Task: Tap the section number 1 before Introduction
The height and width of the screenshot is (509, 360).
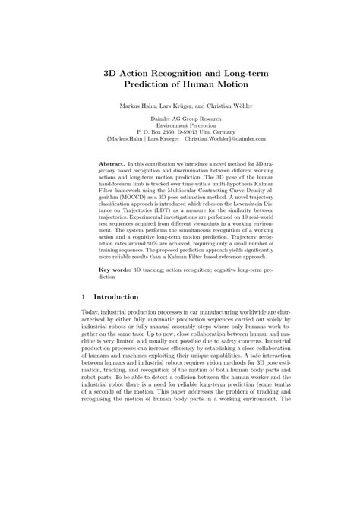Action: tap(83, 296)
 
